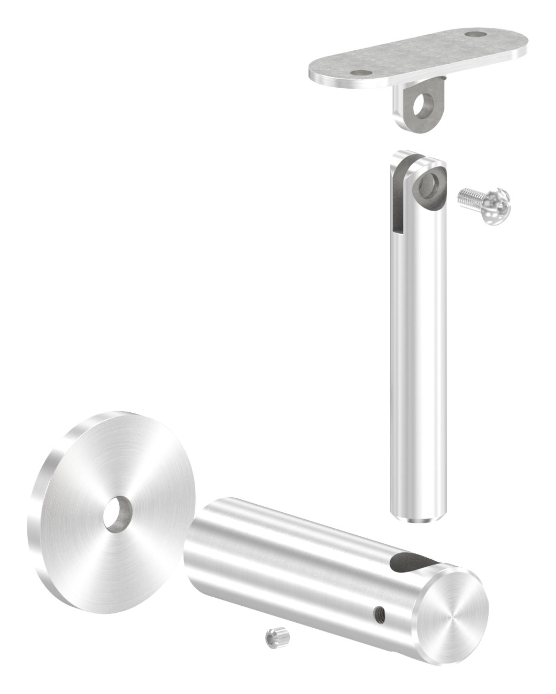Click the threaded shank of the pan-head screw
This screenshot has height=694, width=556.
[x=471, y=199]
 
